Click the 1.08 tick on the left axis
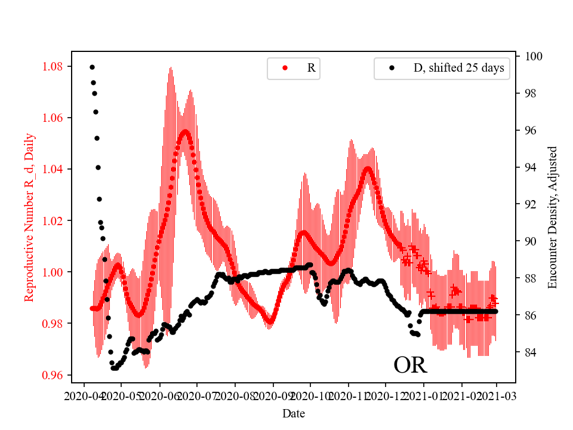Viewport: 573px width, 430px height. tap(54, 66)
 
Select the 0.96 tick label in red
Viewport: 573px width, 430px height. tap(54, 375)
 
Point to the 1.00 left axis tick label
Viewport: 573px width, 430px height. tap(54, 272)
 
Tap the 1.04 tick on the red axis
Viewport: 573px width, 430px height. tap(54, 169)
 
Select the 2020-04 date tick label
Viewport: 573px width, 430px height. tap(84, 395)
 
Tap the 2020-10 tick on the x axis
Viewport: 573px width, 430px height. tap(311, 395)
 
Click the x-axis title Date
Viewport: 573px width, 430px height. tap(294, 413)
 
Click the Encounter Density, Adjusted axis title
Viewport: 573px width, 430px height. tap(552, 217)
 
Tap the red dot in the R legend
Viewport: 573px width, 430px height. tap(285, 68)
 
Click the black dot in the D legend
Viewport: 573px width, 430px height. tap(392, 68)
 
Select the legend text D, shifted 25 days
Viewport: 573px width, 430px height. tap(458, 68)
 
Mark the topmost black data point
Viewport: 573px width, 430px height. tap(92, 67)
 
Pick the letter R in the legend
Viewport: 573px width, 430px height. tap(311, 68)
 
